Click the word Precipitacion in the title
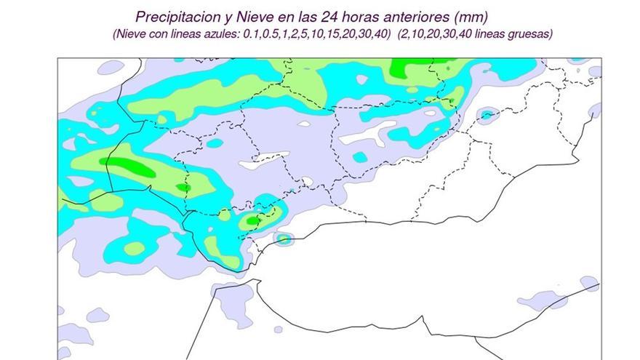pos(173,16)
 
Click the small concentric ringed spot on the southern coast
pos(284,238)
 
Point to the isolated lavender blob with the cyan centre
pos(486,114)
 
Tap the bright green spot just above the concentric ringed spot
pos(252,220)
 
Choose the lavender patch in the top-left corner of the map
pos(111,67)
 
